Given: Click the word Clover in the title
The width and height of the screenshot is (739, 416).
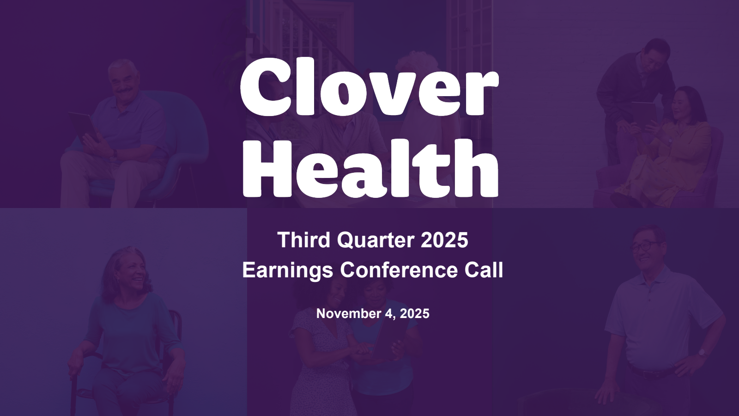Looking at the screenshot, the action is (x=369, y=87).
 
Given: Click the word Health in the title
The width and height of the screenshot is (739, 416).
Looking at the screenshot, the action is (x=370, y=168).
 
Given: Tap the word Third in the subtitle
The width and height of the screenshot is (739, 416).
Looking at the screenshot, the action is (x=304, y=240).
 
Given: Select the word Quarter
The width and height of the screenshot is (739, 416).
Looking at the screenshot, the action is (x=376, y=240).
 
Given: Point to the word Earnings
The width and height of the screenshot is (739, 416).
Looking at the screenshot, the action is (x=288, y=271).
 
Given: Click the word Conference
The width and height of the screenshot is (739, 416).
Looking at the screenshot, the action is (x=399, y=270).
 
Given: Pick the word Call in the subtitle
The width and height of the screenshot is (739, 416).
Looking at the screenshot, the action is (x=484, y=270).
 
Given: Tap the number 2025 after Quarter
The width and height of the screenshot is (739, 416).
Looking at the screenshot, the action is (x=444, y=240).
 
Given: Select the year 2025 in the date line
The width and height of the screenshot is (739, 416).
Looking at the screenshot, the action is (x=415, y=313).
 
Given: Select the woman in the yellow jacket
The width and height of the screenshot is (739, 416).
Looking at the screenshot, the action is (x=663, y=148).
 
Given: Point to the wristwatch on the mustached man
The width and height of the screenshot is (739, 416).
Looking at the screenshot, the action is (x=115, y=153).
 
